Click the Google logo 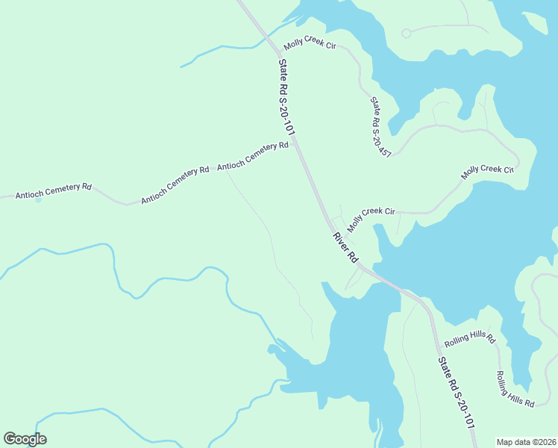(25, 439)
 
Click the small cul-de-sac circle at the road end (407, 33)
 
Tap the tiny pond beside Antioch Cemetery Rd (39, 199)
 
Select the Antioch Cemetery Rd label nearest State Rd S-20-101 (252, 156)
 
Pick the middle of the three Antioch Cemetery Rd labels (175, 184)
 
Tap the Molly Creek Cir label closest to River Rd (371, 217)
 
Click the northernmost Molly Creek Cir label (310, 46)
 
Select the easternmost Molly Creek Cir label (488, 172)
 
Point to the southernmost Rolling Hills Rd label (515, 389)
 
